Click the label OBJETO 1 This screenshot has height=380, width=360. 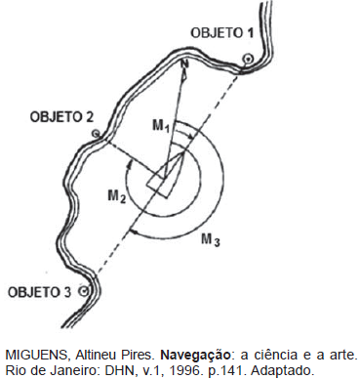[222, 32]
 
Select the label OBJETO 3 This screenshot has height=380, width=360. [39, 291]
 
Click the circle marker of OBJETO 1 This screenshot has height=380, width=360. [248, 60]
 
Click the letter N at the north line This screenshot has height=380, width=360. [183, 65]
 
